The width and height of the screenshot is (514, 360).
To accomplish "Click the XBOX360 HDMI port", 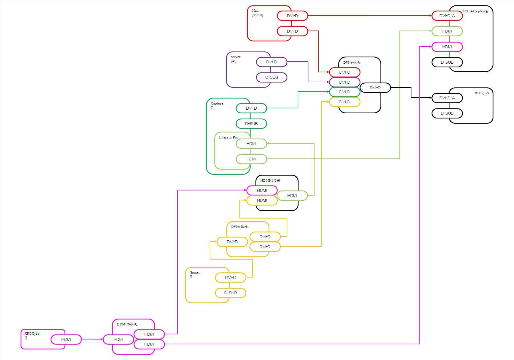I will pos(66,339).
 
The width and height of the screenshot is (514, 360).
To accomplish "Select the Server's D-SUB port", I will pos(271,77).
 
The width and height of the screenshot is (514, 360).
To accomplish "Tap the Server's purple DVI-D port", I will pos(271,62).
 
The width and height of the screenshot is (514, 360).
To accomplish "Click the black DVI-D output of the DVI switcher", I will pos(375,88).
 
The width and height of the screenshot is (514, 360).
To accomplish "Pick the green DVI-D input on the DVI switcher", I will pos(344,92).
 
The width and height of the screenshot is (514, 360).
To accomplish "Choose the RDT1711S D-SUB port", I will pos(447,113).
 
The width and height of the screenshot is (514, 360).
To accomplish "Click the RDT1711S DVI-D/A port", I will pos(447,98).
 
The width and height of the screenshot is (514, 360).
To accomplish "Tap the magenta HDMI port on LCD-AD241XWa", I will pos(447,47).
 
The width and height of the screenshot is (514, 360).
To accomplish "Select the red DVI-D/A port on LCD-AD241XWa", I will pos(447,16).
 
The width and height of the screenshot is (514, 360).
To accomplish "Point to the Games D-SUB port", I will pos(230,293).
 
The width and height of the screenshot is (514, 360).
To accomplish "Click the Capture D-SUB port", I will pos(251,124).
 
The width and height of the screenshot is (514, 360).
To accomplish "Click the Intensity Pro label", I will pos(228,137).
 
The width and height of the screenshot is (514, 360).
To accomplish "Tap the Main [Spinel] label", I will pos(257,13).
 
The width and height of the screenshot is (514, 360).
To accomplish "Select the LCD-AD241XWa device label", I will pos(475,11).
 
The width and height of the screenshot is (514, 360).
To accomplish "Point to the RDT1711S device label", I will pos(481,93).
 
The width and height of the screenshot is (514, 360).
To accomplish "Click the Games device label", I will pos(195,272).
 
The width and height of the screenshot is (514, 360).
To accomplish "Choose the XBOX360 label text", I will pos(32,333).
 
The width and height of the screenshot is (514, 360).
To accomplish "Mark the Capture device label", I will pos(217,103).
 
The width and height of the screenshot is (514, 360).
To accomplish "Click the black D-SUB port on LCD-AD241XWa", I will pos(447,62).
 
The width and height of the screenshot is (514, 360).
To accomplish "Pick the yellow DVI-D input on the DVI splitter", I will pos(232,242).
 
